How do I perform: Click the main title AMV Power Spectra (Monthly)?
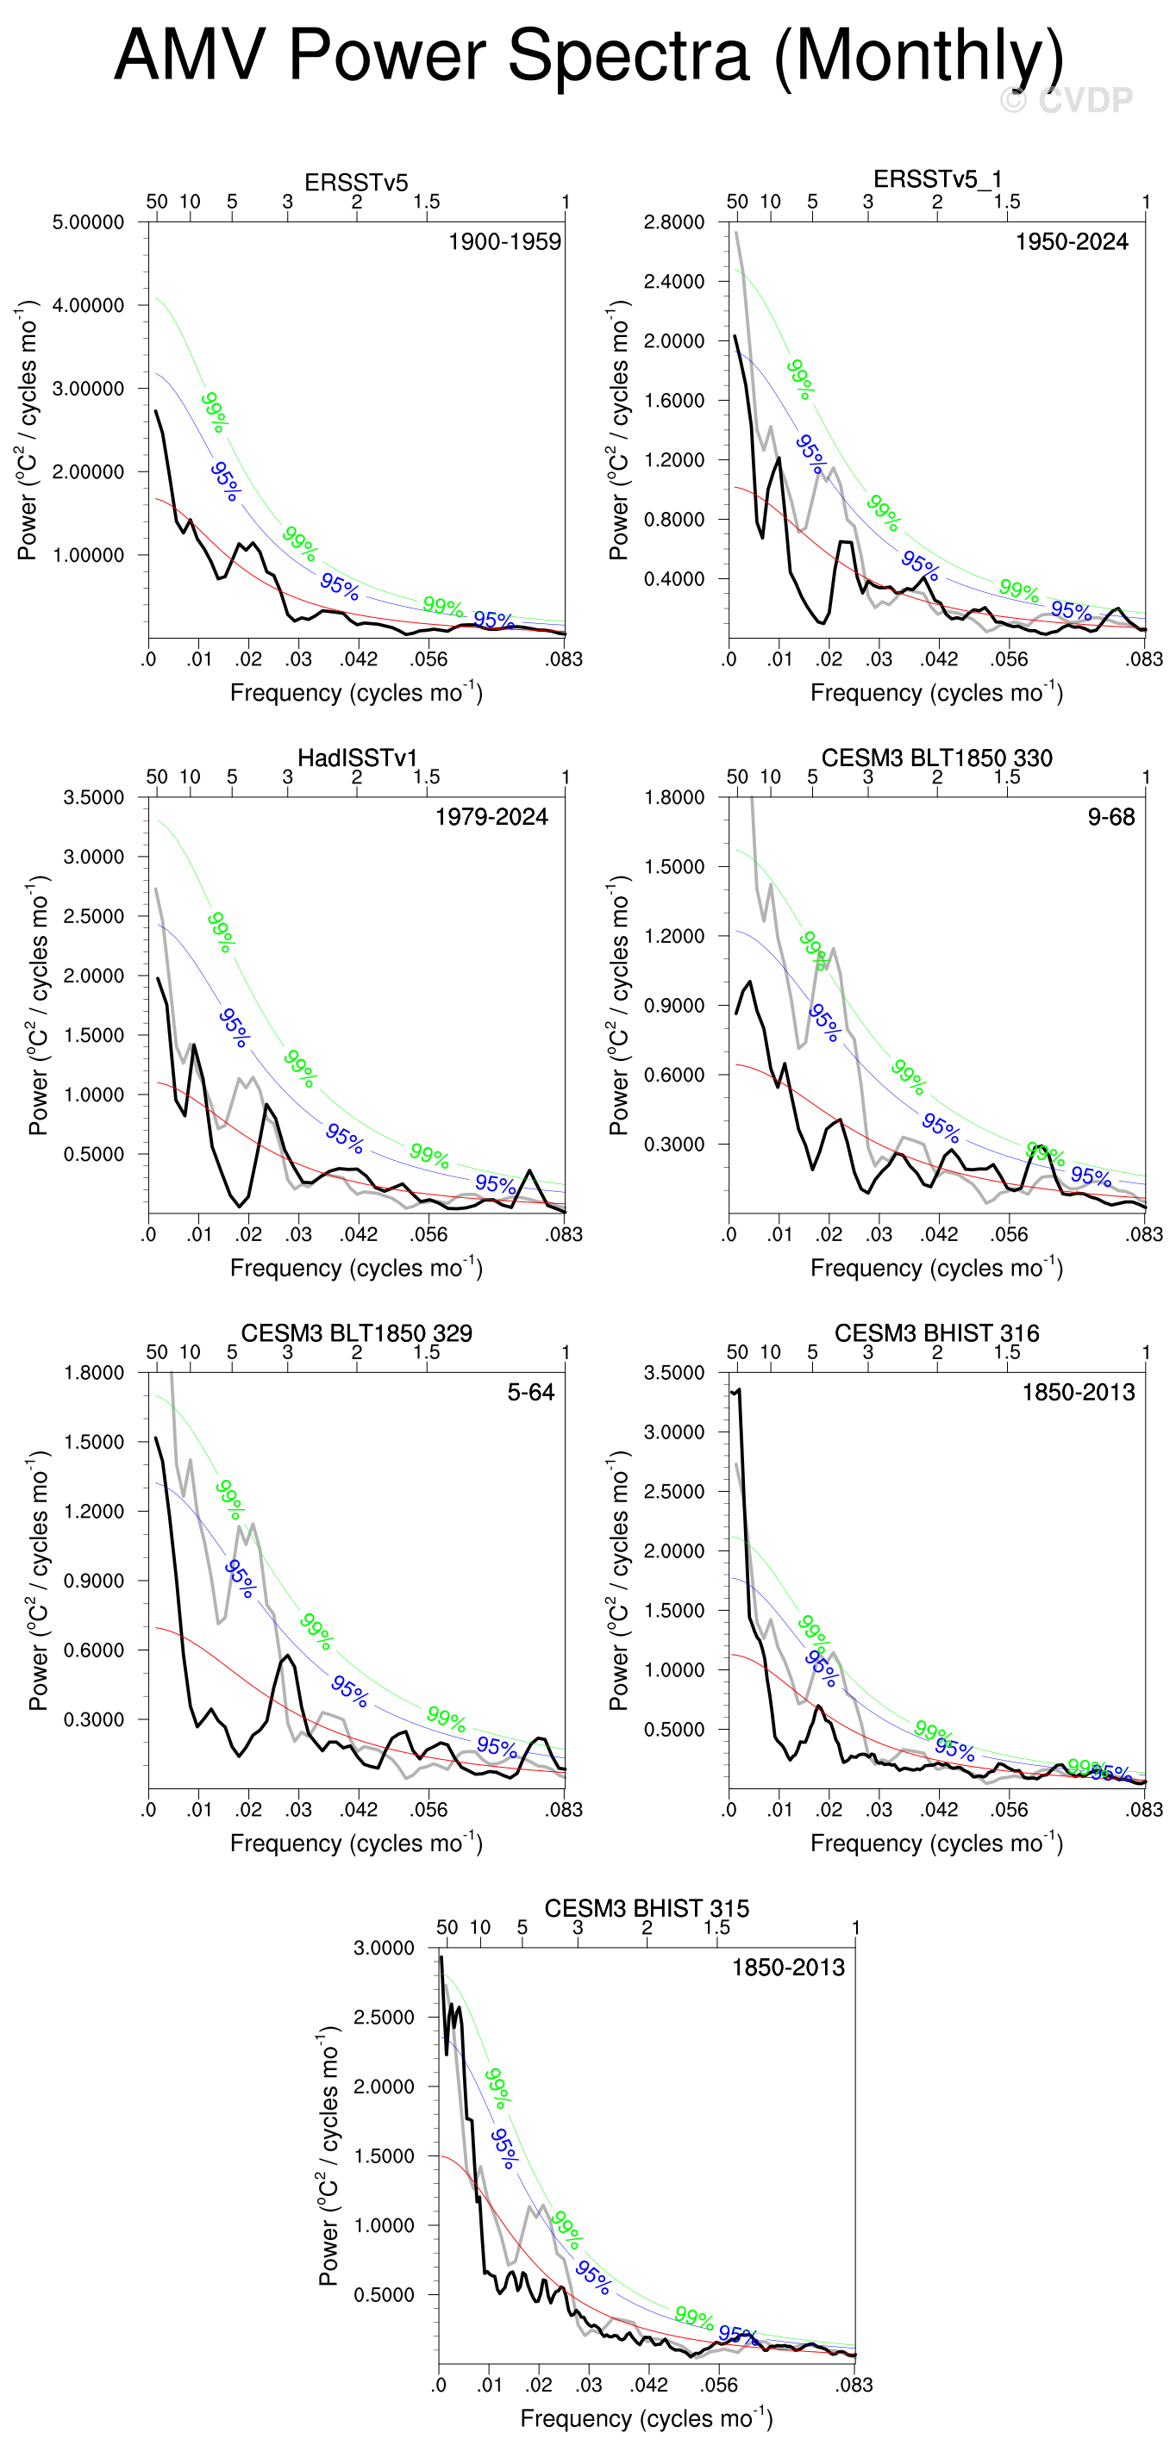point(588,55)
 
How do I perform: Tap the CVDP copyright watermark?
point(1067,100)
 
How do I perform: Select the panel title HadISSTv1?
point(357,758)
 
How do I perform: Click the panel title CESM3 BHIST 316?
point(936,1333)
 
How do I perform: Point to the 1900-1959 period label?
point(504,241)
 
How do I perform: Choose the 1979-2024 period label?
point(491,817)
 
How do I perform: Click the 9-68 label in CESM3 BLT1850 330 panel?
point(1111,817)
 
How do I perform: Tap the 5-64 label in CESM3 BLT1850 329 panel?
point(531,1392)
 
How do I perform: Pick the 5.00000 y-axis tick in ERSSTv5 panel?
point(88,222)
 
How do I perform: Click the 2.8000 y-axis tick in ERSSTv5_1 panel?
point(674,222)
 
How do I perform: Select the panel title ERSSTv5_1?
point(936,179)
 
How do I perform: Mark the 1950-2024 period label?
point(1071,241)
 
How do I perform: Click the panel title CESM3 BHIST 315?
point(647,1908)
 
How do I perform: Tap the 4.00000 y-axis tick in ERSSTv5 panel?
point(88,305)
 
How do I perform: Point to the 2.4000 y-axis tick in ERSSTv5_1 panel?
point(674,282)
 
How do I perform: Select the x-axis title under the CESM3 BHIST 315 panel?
point(647,2418)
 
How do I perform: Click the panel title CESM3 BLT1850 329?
point(356,1333)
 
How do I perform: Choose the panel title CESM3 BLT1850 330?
point(936,758)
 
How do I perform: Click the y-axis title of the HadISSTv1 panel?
point(39,1005)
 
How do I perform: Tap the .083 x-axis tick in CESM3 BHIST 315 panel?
point(854,2385)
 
